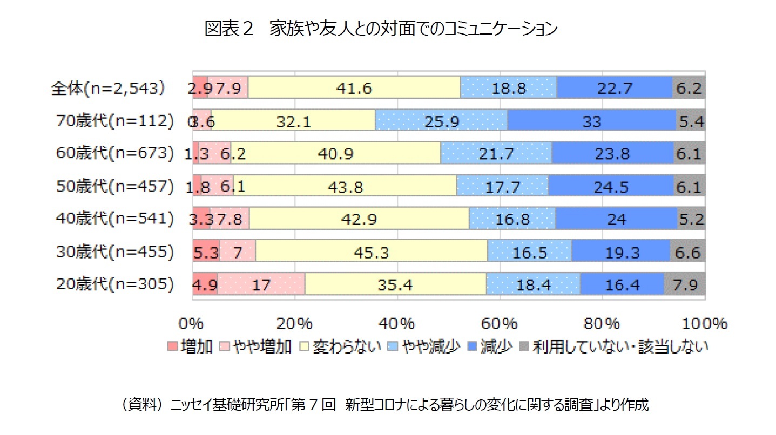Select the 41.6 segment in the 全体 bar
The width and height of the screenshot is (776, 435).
[354, 88]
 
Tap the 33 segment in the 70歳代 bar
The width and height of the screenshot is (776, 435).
[592, 121]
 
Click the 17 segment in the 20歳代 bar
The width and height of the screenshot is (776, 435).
[261, 284]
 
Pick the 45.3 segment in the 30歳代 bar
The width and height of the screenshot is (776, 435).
[372, 252]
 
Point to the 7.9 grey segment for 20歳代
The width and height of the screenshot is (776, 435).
[685, 284]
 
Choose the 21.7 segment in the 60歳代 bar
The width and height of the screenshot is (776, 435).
[496, 154]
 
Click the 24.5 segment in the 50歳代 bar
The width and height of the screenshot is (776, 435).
[611, 187]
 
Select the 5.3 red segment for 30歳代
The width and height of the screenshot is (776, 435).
[206, 252]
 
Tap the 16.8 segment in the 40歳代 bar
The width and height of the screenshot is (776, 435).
[512, 219]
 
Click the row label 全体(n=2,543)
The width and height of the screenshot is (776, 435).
[107, 88]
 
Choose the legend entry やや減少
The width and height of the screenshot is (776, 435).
[430, 346]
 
